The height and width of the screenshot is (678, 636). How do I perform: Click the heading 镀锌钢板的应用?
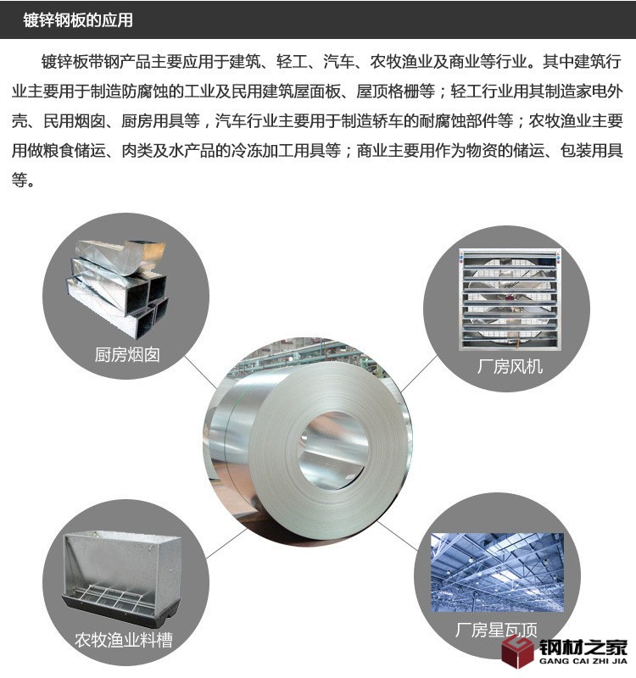(x=78, y=19)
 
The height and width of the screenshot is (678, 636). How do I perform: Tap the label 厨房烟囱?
(x=128, y=355)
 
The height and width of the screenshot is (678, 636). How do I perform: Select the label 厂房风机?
(x=510, y=367)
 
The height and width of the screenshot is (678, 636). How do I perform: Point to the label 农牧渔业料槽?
(x=124, y=640)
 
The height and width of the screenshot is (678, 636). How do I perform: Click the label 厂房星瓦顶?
(x=496, y=630)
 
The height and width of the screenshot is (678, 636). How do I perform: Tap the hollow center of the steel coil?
(x=333, y=451)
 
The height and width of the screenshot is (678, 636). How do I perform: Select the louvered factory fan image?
(x=510, y=299)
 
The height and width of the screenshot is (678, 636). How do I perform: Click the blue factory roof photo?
(x=497, y=572)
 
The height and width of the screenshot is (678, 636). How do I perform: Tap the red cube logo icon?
(x=517, y=650)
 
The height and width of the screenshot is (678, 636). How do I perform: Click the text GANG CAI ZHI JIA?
(x=583, y=661)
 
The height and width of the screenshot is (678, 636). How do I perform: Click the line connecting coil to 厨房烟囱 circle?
(x=201, y=372)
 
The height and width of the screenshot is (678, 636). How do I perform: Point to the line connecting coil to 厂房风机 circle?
(x=419, y=375)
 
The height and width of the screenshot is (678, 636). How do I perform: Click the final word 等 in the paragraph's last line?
(x=20, y=180)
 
